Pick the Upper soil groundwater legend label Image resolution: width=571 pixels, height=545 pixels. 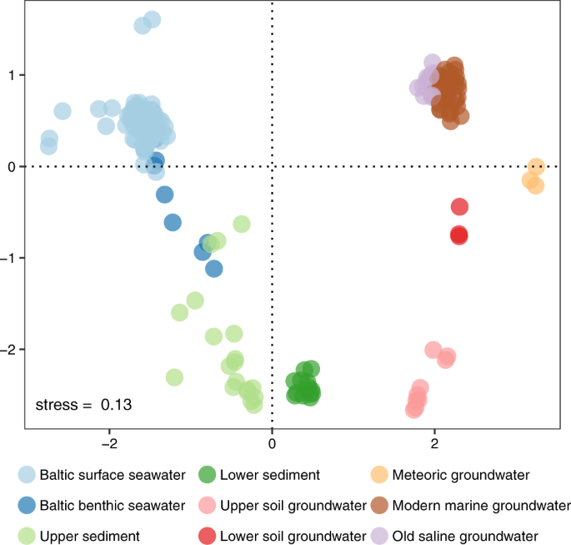pyautogui.click(x=293, y=505)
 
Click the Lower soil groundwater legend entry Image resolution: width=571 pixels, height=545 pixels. pyautogui.click(x=293, y=535)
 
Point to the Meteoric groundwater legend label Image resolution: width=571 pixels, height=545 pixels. pyautogui.click(x=461, y=475)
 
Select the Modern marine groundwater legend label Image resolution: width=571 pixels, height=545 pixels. pyautogui.click(x=481, y=505)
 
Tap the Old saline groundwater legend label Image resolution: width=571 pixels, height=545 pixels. pyautogui.click(x=465, y=535)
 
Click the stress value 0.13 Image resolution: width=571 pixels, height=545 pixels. pyautogui.click(x=116, y=406)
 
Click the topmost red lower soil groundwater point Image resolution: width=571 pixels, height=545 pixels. pyautogui.click(x=459, y=206)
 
